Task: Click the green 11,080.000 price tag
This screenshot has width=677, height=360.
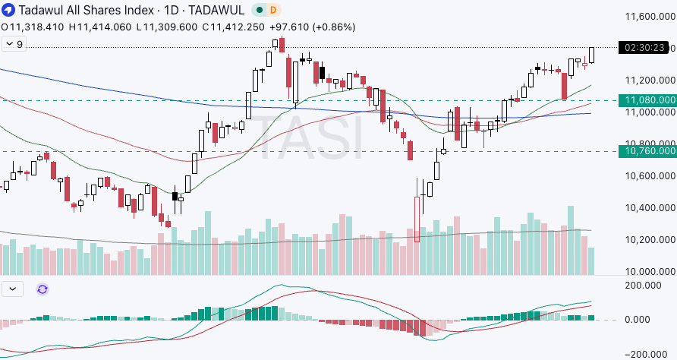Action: [x=648, y=100]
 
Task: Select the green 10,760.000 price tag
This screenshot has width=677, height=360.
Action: [x=648, y=151]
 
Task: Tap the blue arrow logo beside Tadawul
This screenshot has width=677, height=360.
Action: [x=8, y=10]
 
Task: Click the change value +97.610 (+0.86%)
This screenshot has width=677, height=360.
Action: [x=319, y=27]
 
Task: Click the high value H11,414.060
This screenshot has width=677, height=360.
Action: [x=101, y=27]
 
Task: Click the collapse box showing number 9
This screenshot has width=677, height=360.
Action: [x=14, y=44]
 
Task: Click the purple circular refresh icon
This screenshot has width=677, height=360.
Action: [x=42, y=289]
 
